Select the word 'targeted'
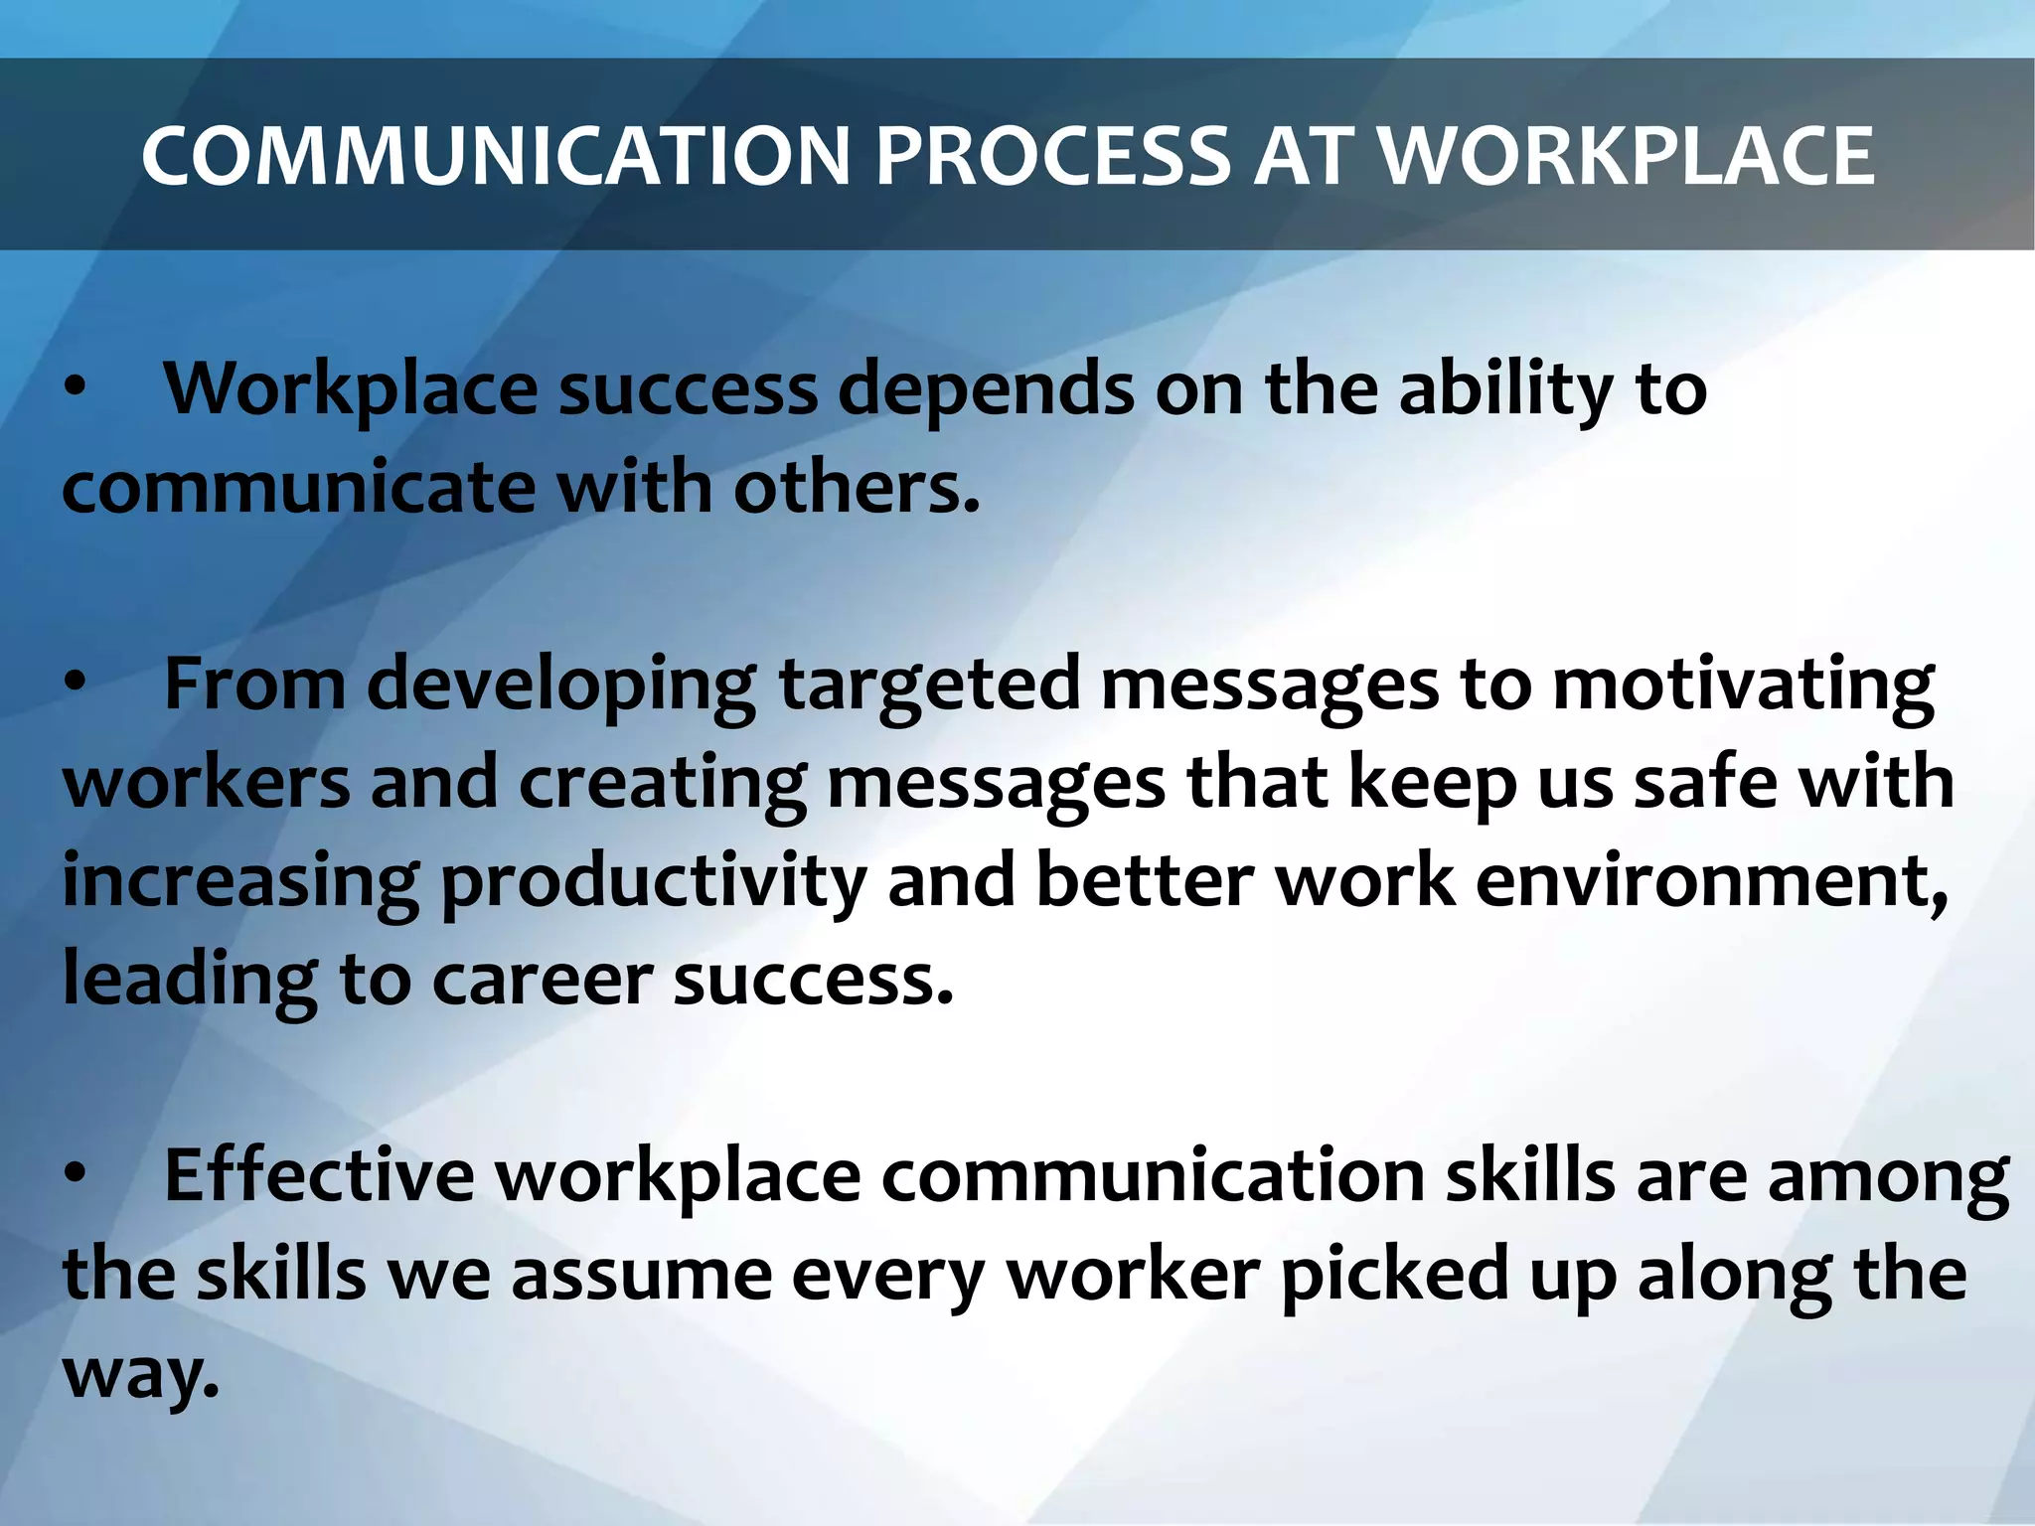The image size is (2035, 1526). click(930, 686)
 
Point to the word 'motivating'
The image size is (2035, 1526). click(1743, 686)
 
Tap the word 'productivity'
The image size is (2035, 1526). click(653, 882)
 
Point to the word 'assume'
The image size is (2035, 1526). click(642, 1276)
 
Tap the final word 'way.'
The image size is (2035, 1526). click(140, 1374)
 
